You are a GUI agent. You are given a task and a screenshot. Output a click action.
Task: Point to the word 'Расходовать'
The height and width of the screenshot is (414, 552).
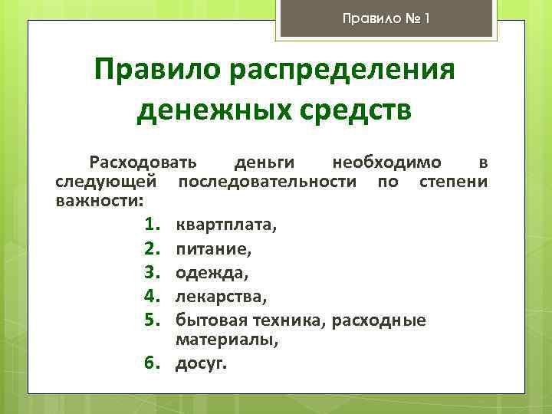(143, 163)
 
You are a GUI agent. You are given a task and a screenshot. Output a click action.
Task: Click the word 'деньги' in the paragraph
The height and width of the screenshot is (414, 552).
(263, 163)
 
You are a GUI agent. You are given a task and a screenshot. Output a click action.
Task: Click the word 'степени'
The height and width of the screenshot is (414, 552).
(454, 182)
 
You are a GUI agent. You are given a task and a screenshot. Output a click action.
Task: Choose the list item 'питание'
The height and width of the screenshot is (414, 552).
(213, 249)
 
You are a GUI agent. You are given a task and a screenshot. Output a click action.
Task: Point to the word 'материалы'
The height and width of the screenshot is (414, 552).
(225, 340)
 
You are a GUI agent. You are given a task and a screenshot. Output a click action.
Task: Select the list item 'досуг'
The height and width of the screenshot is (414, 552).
(201, 363)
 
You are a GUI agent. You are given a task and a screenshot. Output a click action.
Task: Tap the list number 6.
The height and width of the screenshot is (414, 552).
(150, 363)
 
